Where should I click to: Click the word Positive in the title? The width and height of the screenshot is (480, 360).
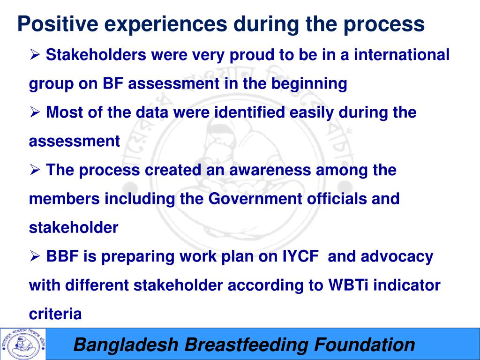coord(58,23)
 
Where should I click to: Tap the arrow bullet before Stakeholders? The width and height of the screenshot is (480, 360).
coord(35,55)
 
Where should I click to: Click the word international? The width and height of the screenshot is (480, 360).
coord(402,54)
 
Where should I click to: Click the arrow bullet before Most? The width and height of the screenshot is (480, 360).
coord(35,112)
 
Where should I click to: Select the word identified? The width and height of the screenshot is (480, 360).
coord(249,112)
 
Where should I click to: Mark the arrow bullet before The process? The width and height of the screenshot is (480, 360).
coord(35,170)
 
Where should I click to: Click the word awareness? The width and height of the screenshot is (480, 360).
coord(270,170)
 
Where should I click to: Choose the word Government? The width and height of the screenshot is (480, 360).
coord(255,199)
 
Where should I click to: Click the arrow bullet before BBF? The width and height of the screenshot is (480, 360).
coord(35,256)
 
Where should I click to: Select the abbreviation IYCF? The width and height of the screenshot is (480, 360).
coord(300,256)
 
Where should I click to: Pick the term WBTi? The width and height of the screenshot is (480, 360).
coord(348,285)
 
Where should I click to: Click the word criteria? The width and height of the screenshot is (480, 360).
coord(55,314)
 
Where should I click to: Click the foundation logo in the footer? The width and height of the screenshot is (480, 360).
coord(23,344)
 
